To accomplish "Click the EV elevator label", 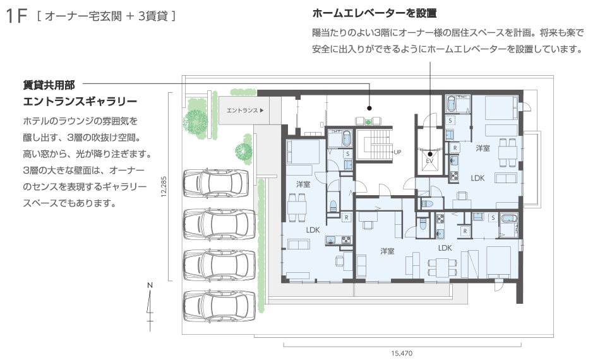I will (x=430, y=160).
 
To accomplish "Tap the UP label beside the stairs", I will (x=397, y=152).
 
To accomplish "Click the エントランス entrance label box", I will (x=245, y=110).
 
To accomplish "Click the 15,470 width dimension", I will (x=402, y=354).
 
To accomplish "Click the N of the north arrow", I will (x=150, y=285).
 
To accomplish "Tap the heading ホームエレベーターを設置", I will (x=375, y=13).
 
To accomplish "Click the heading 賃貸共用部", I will (x=49, y=83).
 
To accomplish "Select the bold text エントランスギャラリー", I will (x=80, y=101).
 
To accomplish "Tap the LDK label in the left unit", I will (x=313, y=230).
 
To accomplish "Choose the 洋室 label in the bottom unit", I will (x=387, y=251).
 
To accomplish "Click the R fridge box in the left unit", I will (x=347, y=218).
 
